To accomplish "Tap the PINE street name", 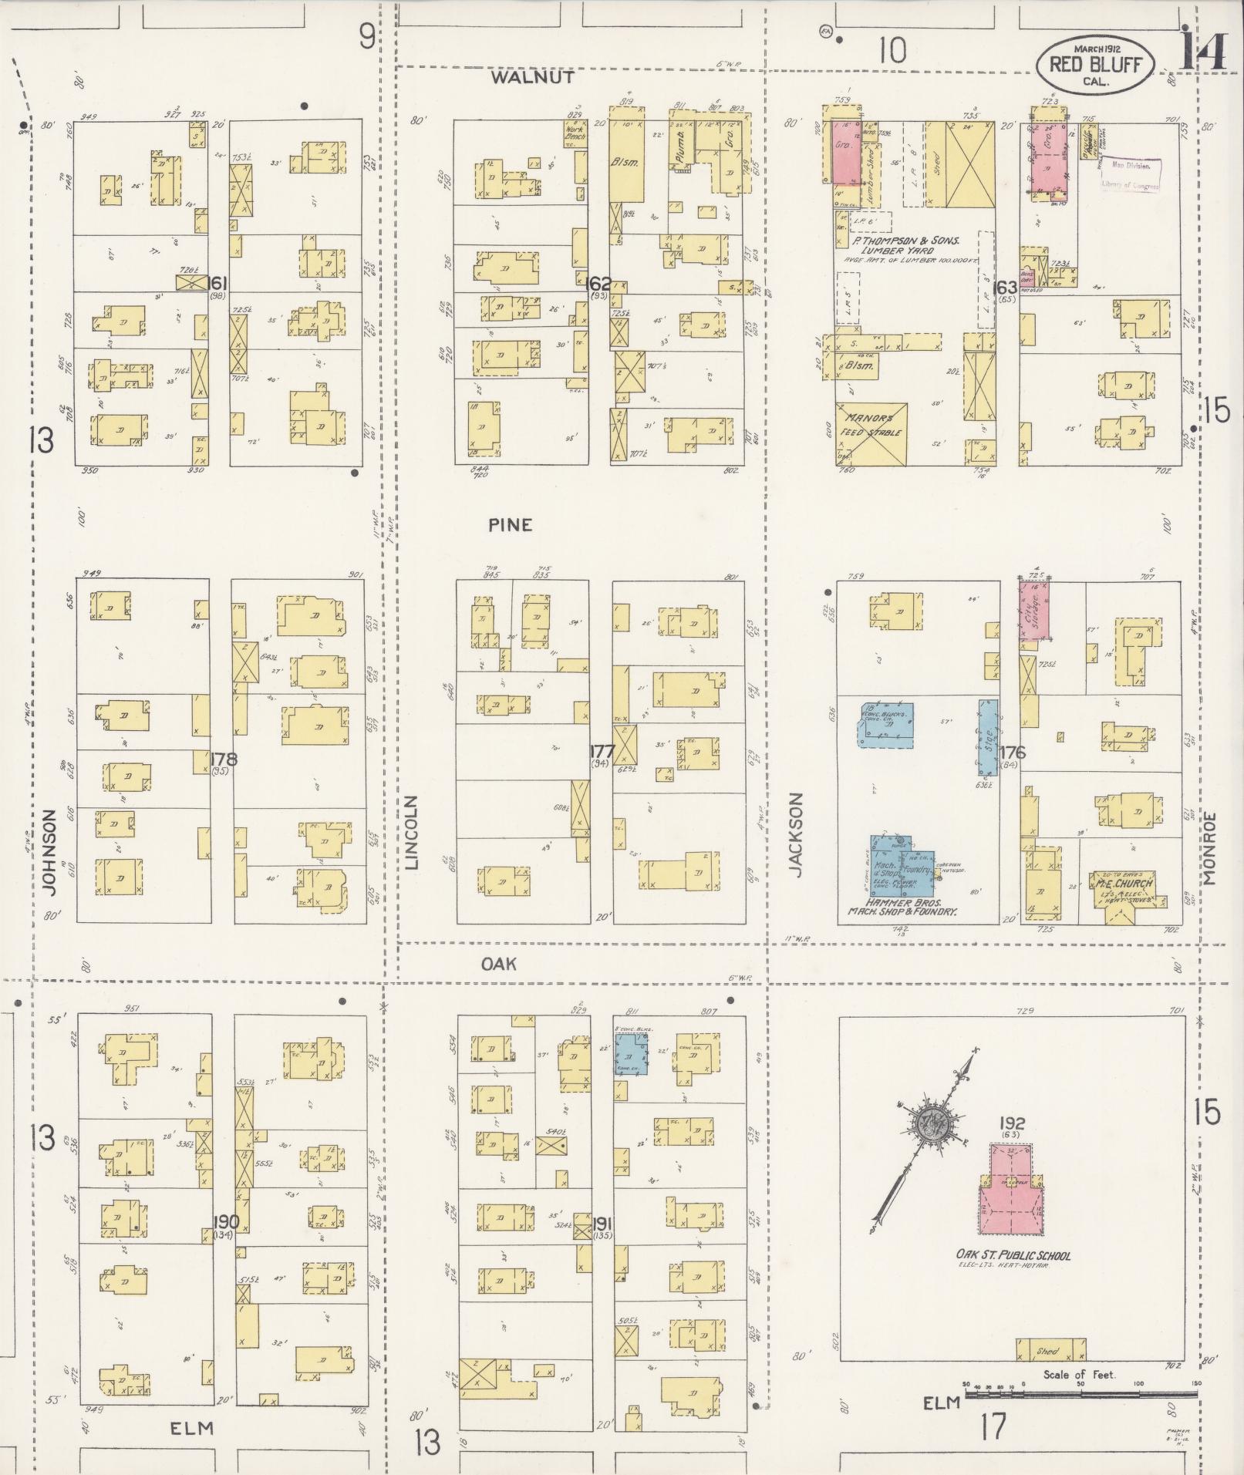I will point(510,525).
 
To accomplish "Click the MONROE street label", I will point(1208,847).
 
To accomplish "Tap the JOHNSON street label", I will point(52,851).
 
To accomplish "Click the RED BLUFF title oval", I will point(1095,65).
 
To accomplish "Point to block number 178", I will point(224,759).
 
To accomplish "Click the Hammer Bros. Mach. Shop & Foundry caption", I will point(902,906).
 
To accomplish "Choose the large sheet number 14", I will point(1203,54).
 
